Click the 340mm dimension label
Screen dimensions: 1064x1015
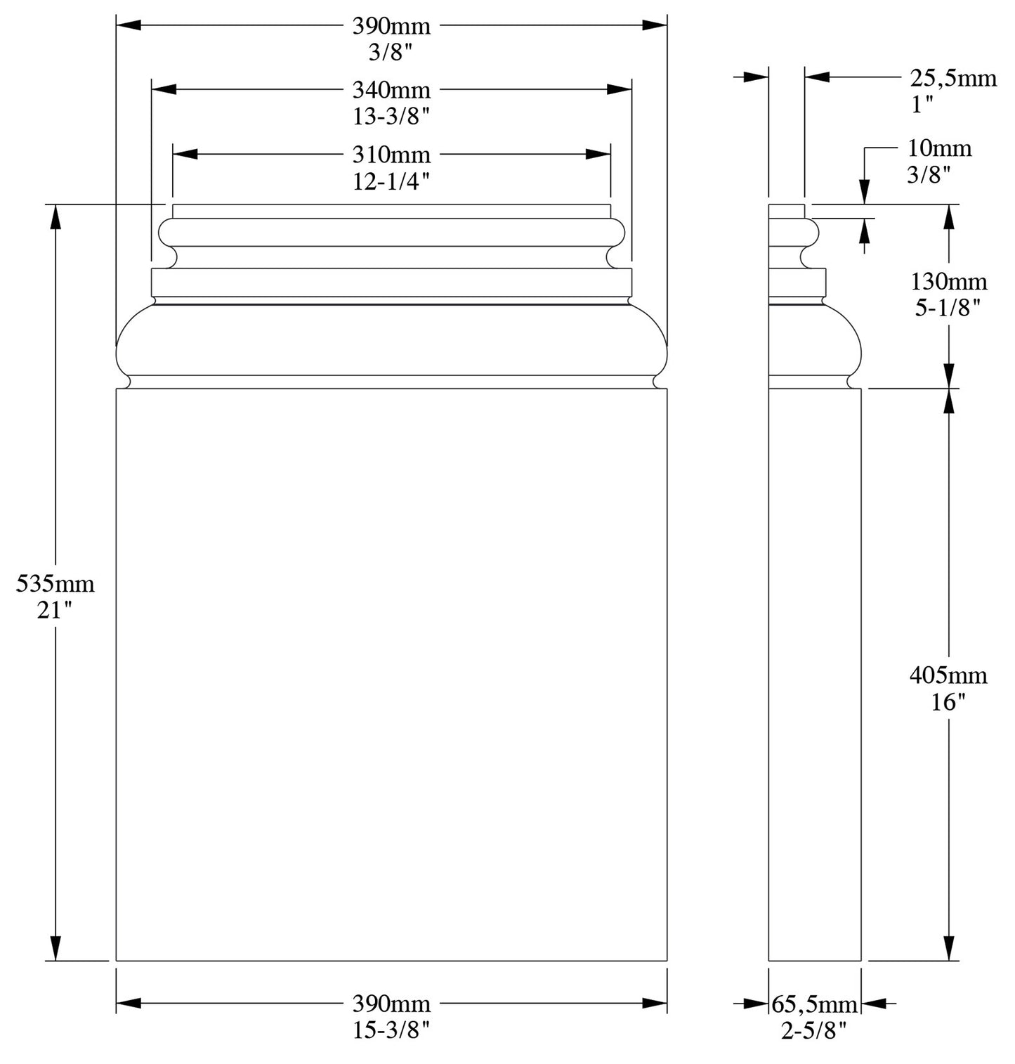point(391,90)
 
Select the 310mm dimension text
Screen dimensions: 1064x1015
point(391,154)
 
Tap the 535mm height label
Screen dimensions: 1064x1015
point(55,584)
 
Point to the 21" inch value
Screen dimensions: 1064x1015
point(55,611)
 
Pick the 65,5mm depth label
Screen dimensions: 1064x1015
point(815,1004)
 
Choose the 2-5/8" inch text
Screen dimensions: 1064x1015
point(815,1030)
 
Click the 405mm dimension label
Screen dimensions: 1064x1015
point(948,675)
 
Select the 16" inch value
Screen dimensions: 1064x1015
point(948,702)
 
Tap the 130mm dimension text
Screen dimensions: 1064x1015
point(949,282)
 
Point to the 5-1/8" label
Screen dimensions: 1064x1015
point(949,308)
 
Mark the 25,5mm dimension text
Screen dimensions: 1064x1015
point(953,77)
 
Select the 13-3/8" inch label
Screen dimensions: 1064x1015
point(391,117)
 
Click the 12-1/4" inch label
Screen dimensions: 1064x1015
point(391,181)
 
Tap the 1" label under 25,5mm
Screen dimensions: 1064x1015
point(922,104)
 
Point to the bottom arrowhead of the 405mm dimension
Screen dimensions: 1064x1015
point(950,948)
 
